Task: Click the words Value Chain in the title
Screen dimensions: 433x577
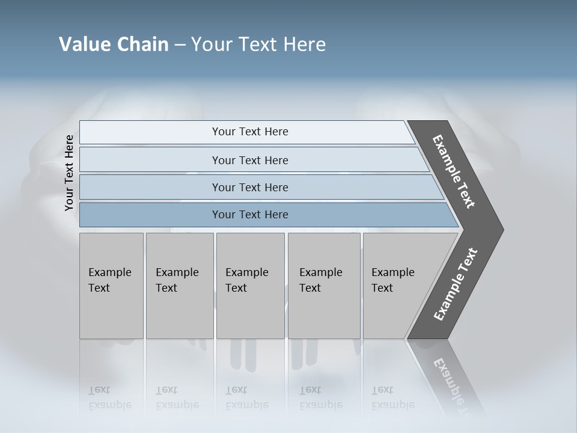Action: pyautogui.click(x=114, y=45)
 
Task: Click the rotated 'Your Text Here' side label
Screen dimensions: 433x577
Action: pyautogui.click(x=69, y=173)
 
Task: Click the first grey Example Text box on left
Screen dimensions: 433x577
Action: pyautogui.click(x=111, y=286)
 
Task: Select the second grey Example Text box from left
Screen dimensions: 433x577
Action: pyautogui.click(x=179, y=286)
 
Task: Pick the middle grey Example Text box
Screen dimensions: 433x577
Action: pyautogui.click(x=250, y=286)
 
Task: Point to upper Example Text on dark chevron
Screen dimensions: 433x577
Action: pyautogui.click(x=454, y=171)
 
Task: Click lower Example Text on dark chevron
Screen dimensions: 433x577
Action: pyautogui.click(x=456, y=284)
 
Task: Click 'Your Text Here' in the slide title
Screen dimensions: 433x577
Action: pyautogui.click(x=258, y=45)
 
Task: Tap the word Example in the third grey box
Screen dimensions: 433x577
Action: pyautogui.click(x=246, y=272)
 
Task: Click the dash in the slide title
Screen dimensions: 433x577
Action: pyautogui.click(x=180, y=45)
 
